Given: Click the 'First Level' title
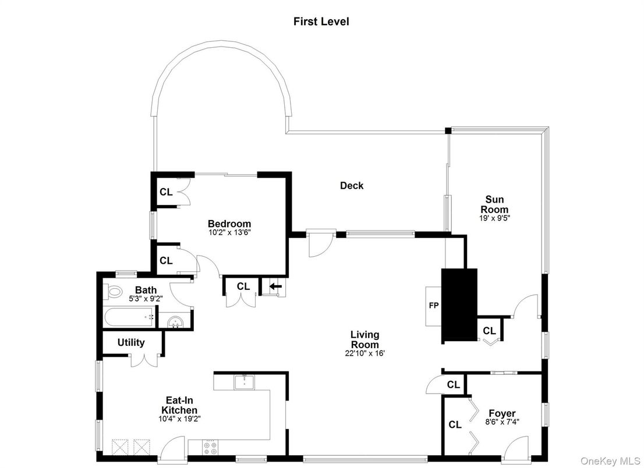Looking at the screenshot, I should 321,22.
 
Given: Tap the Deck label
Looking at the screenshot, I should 352,186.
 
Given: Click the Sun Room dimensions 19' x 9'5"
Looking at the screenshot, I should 494,219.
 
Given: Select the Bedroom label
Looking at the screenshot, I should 229,224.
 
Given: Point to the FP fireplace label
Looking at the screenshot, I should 433,304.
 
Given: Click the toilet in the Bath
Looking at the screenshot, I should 113,292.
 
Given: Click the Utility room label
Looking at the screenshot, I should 131,342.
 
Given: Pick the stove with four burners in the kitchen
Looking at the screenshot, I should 210,446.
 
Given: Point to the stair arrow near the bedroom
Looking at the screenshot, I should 273,286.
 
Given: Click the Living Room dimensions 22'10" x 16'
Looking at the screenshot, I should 365,353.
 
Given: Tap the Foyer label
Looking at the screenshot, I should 502,414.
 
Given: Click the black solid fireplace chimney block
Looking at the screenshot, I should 459,304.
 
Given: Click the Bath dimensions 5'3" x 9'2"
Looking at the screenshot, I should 146,299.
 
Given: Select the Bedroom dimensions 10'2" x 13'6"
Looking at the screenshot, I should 229,232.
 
